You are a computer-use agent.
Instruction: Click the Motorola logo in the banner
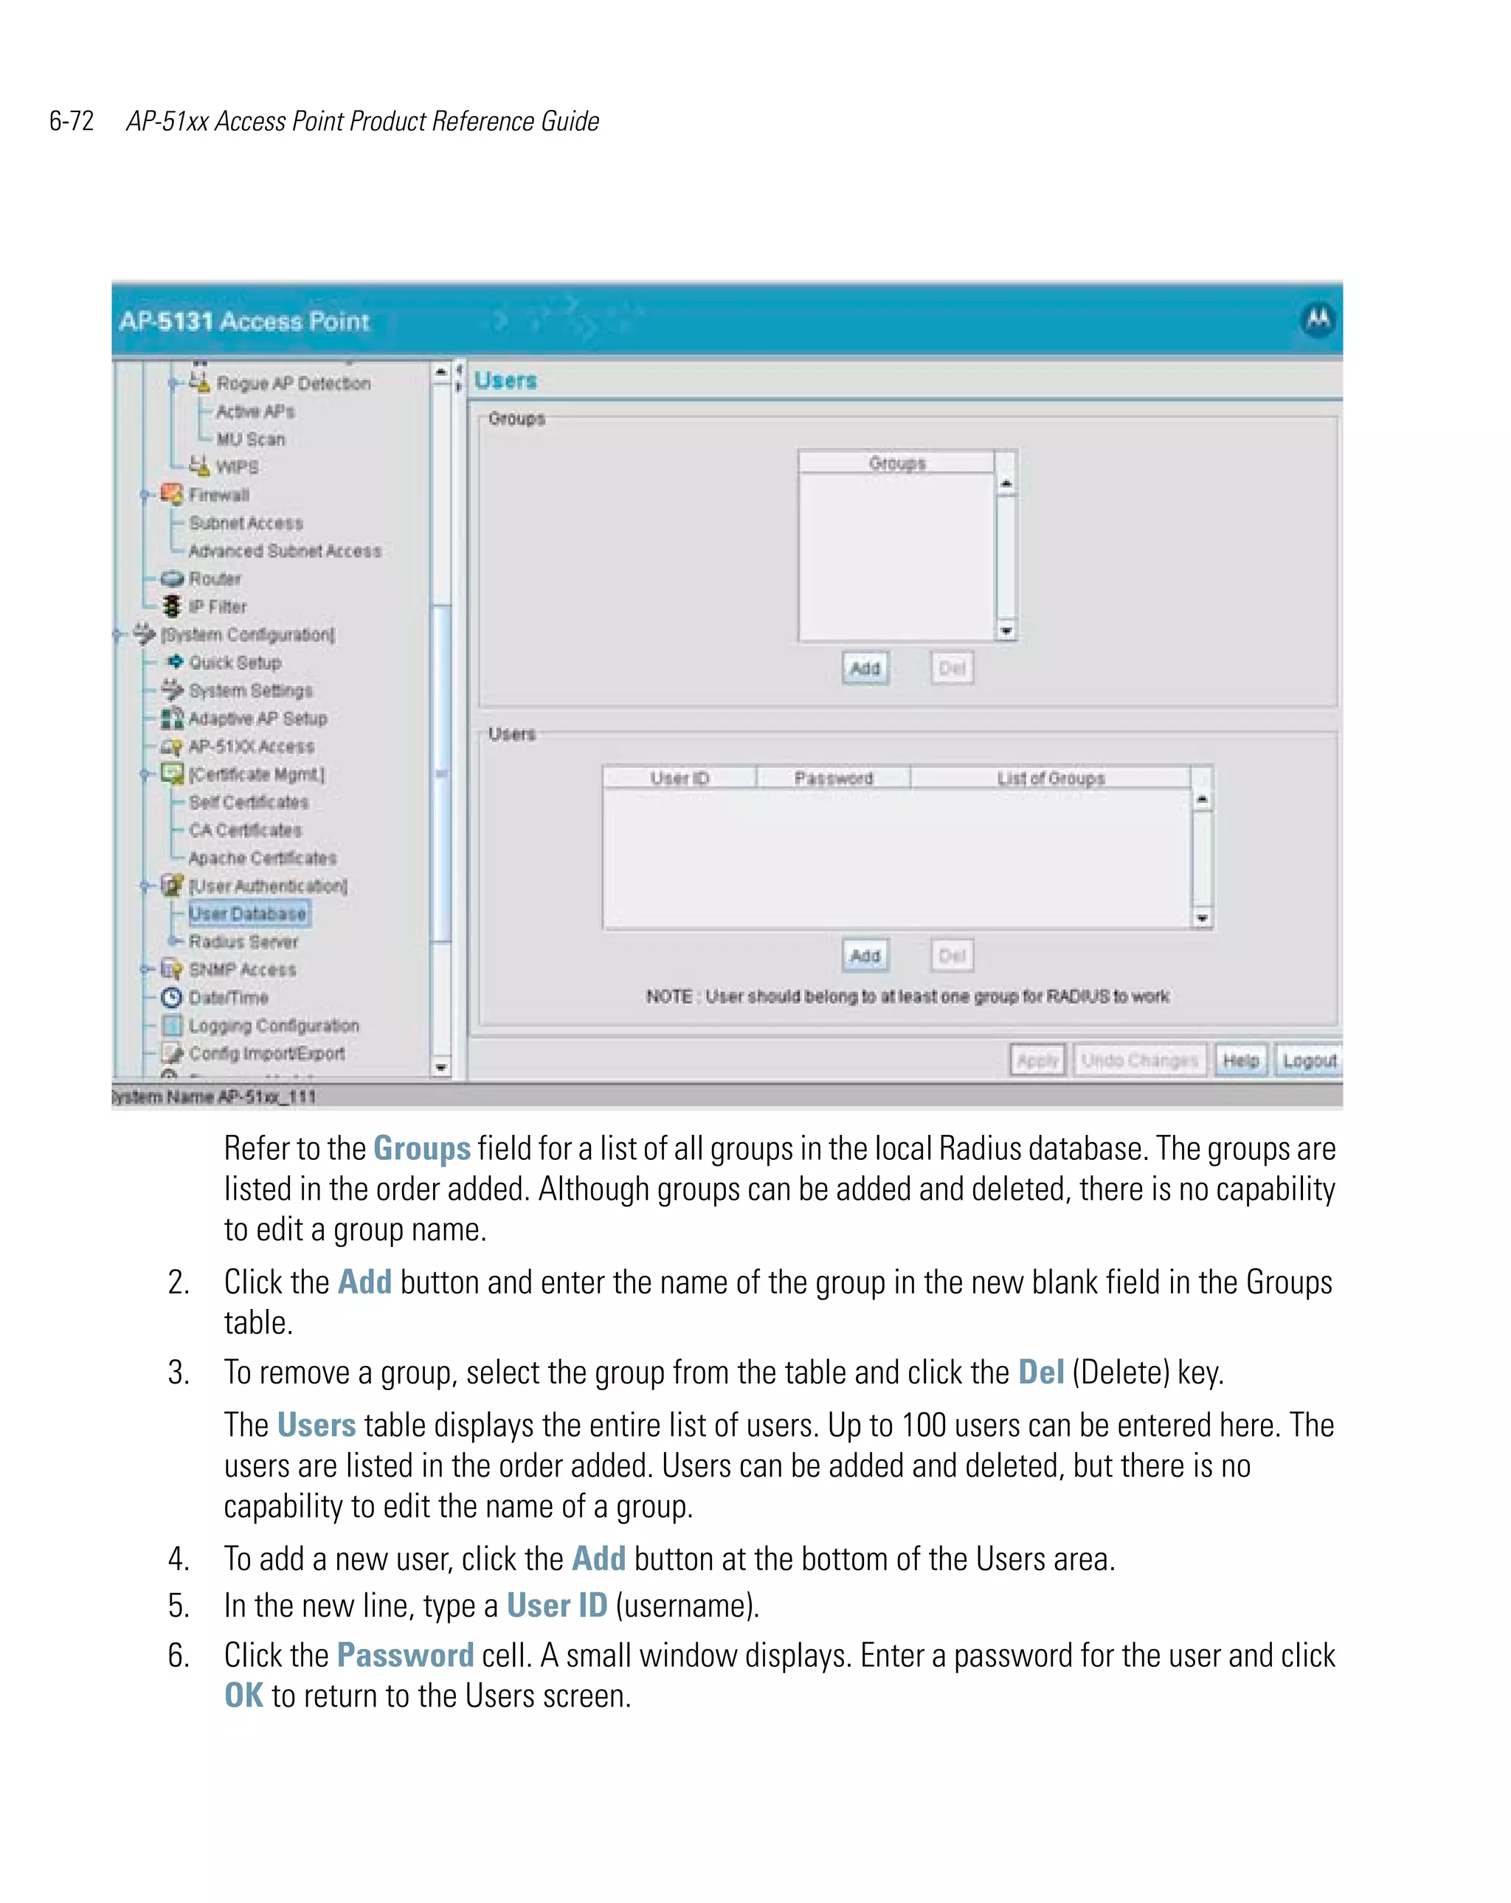pyautogui.click(x=1318, y=319)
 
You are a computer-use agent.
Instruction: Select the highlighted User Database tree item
pyautogui.click(x=247, y=913)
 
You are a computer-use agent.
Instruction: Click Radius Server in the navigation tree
pyautogui.click(x=243, y=942)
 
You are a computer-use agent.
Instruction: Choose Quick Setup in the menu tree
pyautogui.click(x=235, y=663)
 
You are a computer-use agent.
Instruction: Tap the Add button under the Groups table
pyautogui.click(x=865, y=669)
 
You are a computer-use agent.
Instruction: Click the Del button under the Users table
pyautogui.click(x=952, y=955)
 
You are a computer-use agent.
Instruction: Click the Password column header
pyautogui.click(x=833, y=778)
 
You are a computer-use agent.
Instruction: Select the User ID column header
pyautogui.click(x=679, y=778)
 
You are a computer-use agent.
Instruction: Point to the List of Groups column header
pyautogui.click(x=1051, y=778)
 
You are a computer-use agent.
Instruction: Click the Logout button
pyautogui.click(x=1309, y=1060)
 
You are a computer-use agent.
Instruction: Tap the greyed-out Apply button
pyautogui.click(x=1037, y=1060)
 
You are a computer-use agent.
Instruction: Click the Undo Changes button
pyautogui.click(x=1139, y=1060)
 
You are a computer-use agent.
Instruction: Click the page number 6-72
pyautogui.click(x=72, y=121)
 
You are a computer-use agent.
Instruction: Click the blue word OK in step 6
pyautogui.click(x=243, y=1696)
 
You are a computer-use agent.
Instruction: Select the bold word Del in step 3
pyautogui.click(x=1040, y=1372)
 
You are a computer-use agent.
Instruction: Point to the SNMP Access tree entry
pyautogui.click(x=242, y=970)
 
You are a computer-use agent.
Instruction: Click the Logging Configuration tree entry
pyautogui.click(x=274, y=1026)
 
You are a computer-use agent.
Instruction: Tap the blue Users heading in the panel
pyautogui.click(x=505, y=381)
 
